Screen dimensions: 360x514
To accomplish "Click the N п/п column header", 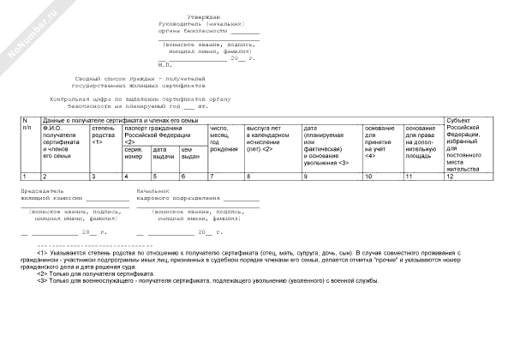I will click(x=27, y=124).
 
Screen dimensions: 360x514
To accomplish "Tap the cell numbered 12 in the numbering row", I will click(x=450, y=176).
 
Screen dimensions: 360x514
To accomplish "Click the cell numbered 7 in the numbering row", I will click(x=212, y=176).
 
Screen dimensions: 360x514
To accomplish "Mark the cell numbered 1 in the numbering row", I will click(x=24, y=176).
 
